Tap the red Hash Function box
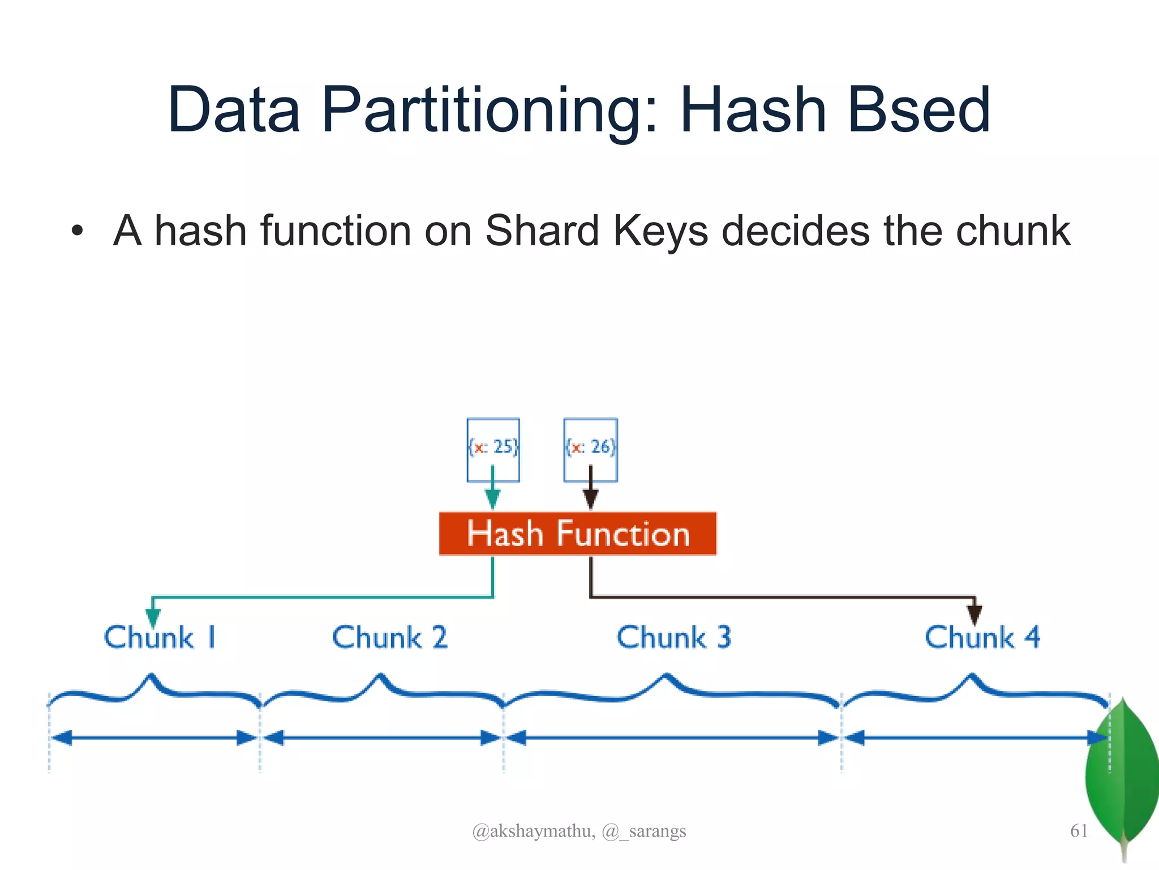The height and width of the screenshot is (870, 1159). point(577,534)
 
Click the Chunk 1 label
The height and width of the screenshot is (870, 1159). point(160,638)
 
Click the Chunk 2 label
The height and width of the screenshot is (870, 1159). point(390,638)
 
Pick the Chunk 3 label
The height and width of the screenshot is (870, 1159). point(674,638)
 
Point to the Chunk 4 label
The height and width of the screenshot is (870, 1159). point(982,638)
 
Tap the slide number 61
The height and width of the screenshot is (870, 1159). point(1079,831)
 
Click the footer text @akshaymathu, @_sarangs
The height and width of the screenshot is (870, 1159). point(579,831)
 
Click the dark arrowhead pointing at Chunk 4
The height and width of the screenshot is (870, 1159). point(975,614)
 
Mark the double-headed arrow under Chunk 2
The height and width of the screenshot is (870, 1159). point(382,737)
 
